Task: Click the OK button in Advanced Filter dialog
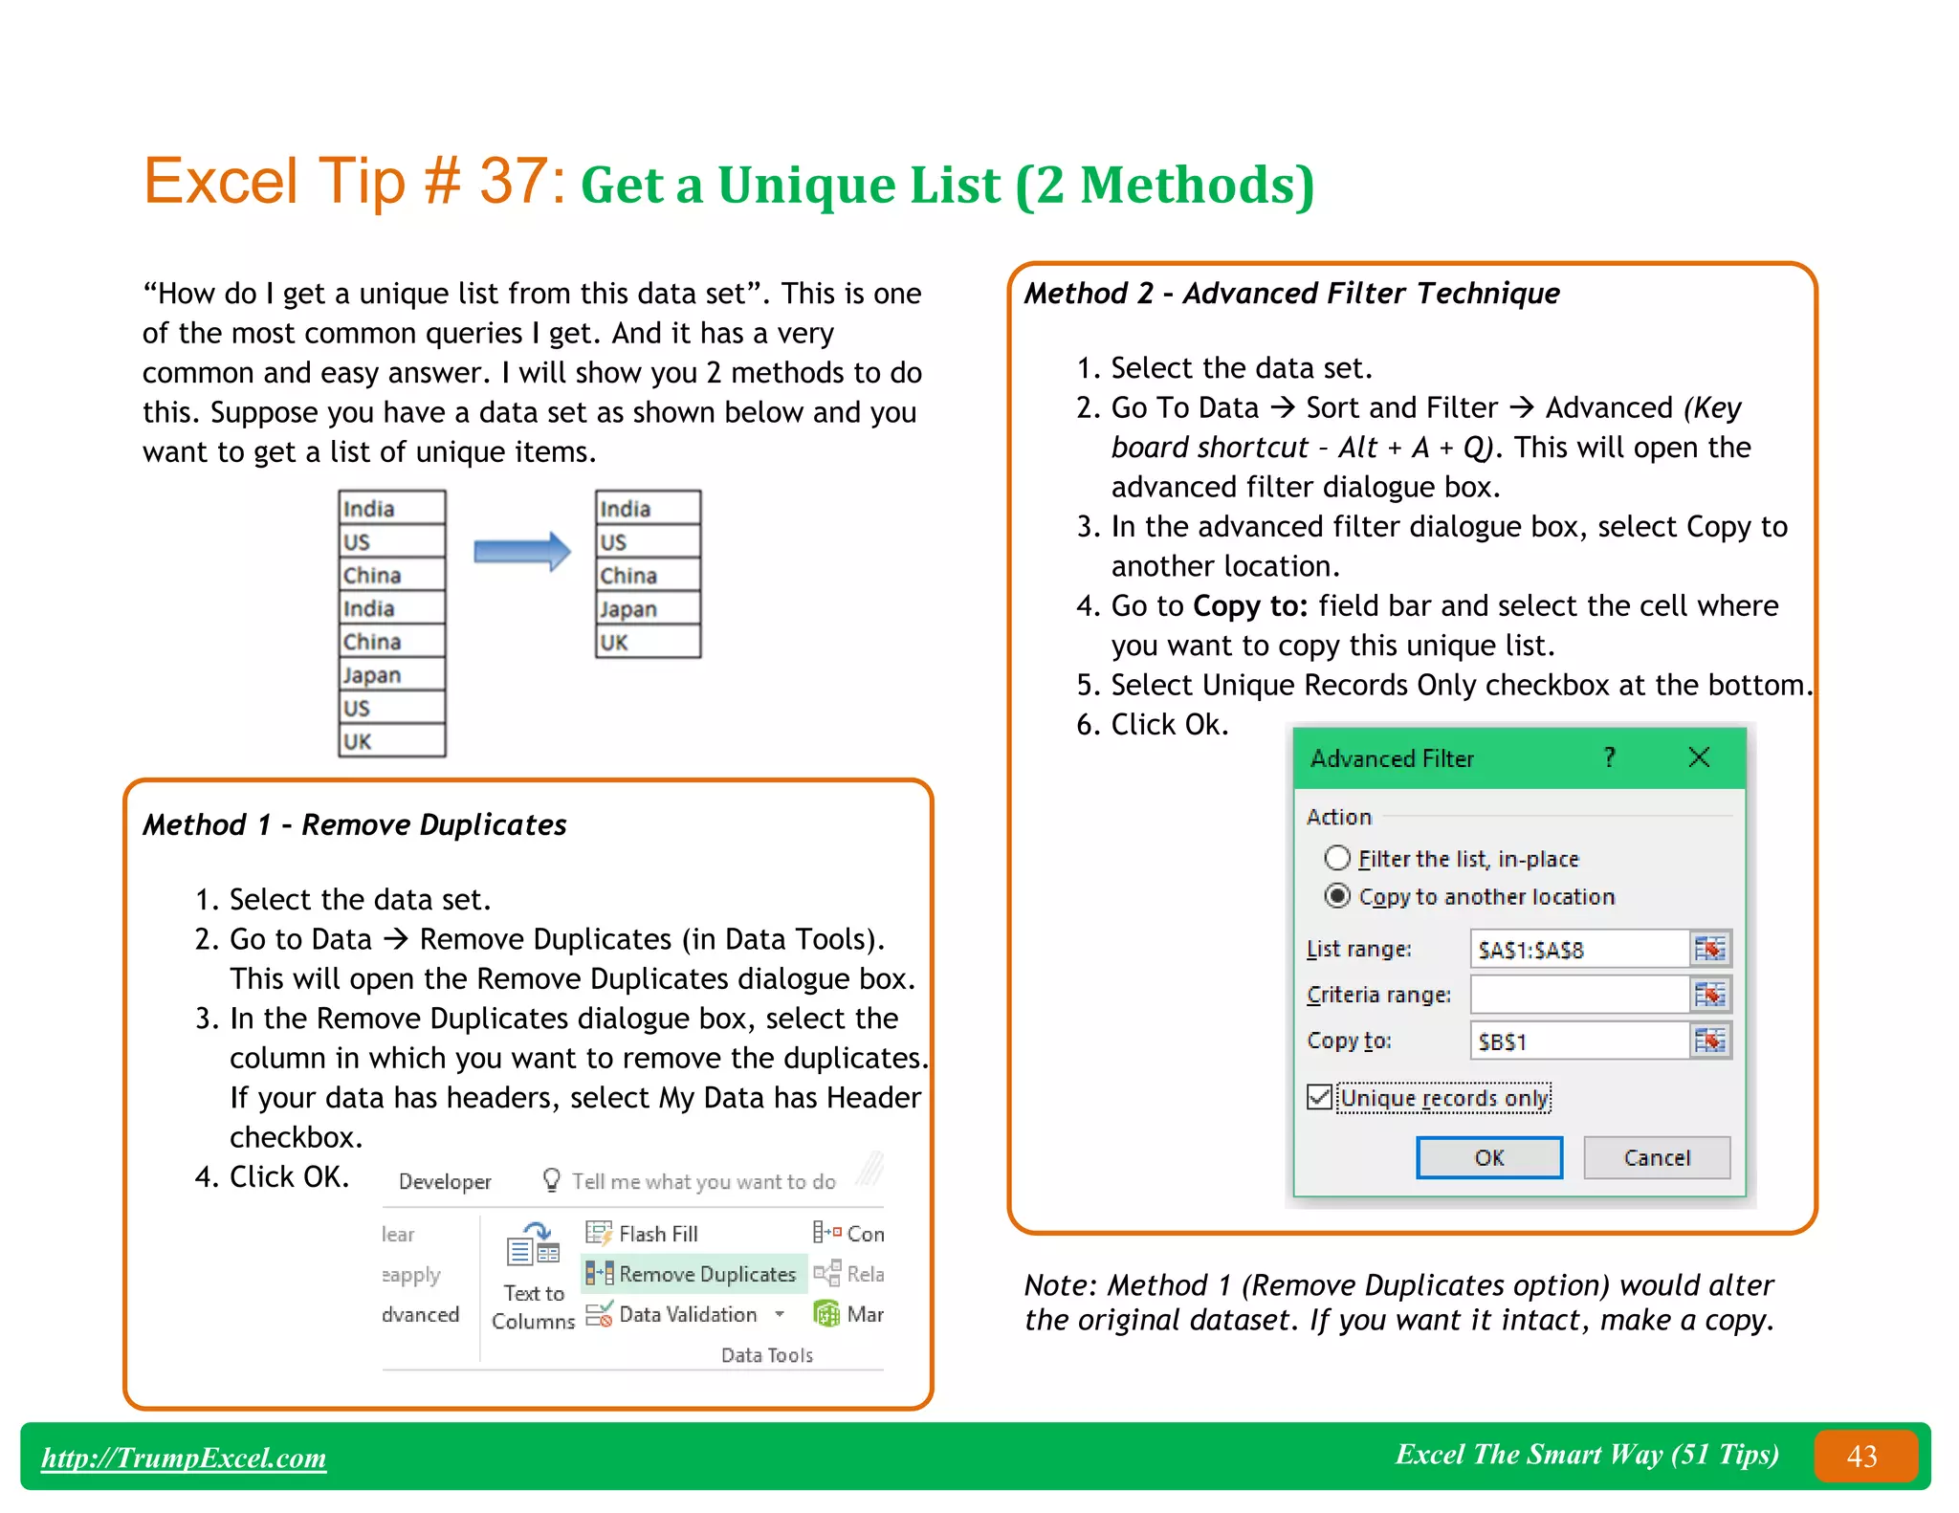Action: pyautogui.click(x=1488, y=1157)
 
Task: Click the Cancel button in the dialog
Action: pyautogui.click(x=1656, y=1157)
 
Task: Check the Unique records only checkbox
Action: pyautogui.click(x=1320, y=1097)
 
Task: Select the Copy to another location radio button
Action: pyautogui.click(x=1337, y=896)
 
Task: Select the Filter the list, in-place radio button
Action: pyautogui.click(x=1337, y=858)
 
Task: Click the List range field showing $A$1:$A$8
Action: pyautogui.click(x=1578, y=950)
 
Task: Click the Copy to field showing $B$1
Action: pyautogui.click(x=1578, y=1041)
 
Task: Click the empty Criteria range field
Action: pyautogui.click(x=1578, y=995)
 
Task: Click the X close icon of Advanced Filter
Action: pyautogui.click(x=1699, y=757)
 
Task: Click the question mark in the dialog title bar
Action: pyautogui.click(x=1610, y=757)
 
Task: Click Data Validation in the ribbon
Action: pyautogui.click(x=687, y=1314)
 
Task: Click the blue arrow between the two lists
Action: pyautogui.click(x=521, y=552)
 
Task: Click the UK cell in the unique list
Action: pyautogui.click(x=648, y=642)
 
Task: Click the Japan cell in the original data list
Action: pyautogui.click(x=391, y=675)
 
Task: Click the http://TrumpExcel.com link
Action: pyautogui.click(x=184, y=1458)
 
